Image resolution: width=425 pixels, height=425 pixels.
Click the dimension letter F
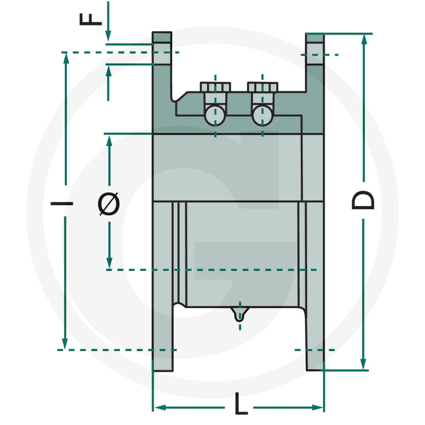90,20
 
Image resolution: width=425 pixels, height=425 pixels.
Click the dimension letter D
363,200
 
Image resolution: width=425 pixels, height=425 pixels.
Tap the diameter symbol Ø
109,203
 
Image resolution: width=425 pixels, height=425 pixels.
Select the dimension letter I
62,203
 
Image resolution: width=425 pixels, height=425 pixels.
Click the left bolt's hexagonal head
215,87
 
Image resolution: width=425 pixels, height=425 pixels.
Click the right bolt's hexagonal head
262,87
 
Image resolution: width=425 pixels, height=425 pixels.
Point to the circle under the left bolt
215,115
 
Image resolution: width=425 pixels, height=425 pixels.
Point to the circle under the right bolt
262,115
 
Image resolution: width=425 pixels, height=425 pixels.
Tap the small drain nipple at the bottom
240,314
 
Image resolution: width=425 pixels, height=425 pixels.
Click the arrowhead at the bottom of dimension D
363,364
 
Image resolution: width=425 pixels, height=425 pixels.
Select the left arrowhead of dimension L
160,407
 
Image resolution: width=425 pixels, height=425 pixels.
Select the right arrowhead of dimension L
318,407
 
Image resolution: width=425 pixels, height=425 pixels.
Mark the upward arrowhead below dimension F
109,71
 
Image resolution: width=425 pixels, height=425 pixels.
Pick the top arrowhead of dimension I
66,59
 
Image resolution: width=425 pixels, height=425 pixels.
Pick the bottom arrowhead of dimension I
65,343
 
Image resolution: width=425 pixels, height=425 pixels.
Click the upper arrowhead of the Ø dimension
109,141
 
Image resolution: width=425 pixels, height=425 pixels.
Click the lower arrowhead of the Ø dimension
109,263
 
